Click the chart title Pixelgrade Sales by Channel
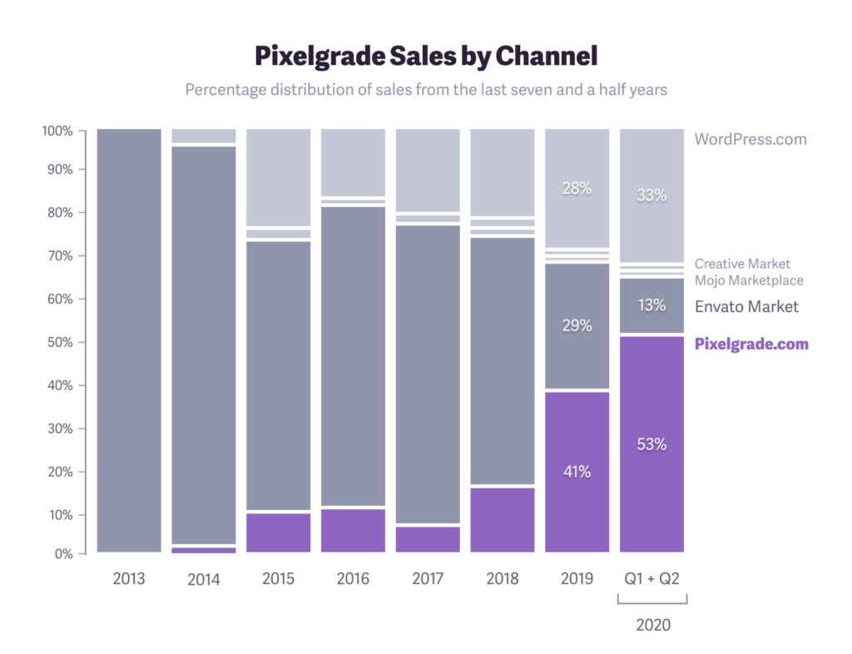425,56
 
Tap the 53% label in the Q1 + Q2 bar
651,444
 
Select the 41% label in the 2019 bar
577,472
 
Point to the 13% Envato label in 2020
651,305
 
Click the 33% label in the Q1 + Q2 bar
651,196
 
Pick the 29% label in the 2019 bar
577,326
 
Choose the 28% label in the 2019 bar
577,188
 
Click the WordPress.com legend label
750,139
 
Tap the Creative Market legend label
742,264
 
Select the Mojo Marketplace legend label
749,280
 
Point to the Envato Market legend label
746,307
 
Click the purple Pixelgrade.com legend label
751,344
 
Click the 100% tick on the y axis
57,131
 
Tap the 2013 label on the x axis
129,578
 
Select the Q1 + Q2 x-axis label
651,578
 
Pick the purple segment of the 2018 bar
502,519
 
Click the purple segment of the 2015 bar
278,533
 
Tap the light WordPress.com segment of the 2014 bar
204,136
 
